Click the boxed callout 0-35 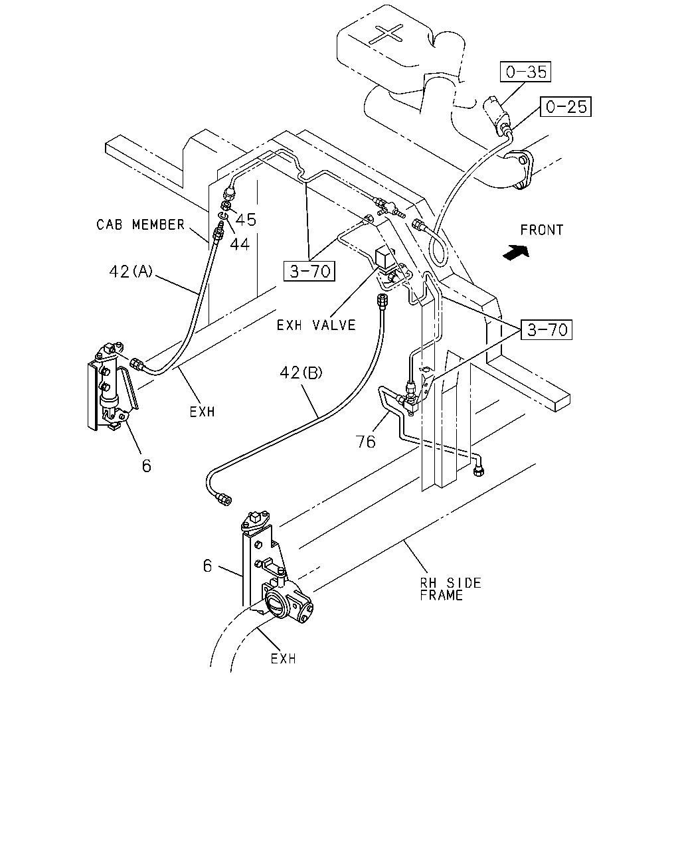point(525,72)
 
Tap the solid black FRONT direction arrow point(515,252)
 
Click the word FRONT point(541,230)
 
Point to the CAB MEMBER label point(140,224)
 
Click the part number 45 point(246,219)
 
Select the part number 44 point(240,244)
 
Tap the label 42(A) point(131,272)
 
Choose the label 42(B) point(301,373)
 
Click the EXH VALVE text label point(316,325)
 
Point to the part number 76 point(365,442)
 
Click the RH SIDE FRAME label point(450,589)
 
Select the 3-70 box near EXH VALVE point(309,271)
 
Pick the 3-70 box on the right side point(547,329)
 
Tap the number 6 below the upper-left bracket point(147,466)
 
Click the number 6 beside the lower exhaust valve point(207,566)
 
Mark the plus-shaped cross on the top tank point(388,34)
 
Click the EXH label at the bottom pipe point(284,659)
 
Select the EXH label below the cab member point(202,412)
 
